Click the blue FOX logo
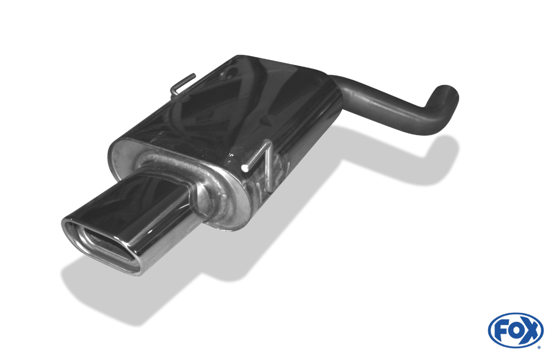[x=516, y=330]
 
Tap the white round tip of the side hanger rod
[x=244, y=167]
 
